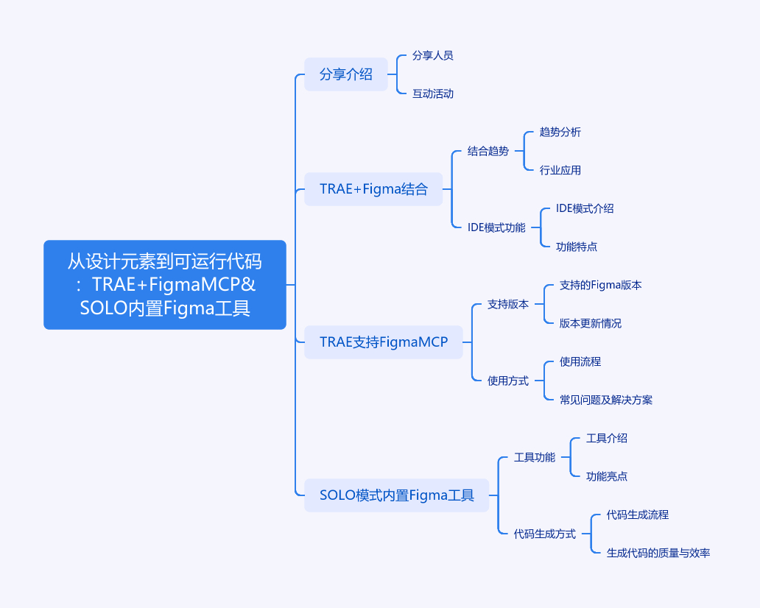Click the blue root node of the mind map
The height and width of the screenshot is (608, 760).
[164, 284]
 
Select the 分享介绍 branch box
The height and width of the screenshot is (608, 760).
[345, 74]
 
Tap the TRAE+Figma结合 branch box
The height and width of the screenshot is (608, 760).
[373, 189]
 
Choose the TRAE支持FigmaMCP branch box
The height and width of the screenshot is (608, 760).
[383, 342]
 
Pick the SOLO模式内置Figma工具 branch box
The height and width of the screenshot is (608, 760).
[396, 495]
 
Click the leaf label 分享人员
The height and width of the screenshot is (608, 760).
[432, 55]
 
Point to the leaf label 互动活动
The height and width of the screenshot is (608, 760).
[432, 93]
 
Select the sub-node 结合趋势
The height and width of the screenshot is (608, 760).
[488, 151]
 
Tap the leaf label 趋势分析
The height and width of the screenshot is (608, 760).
[560, 132]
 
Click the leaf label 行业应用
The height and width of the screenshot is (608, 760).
[560, 170]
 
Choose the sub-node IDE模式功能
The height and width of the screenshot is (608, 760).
[496, 227]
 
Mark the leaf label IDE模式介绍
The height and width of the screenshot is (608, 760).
[585, 208]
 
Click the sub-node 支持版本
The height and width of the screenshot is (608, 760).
[507, 304]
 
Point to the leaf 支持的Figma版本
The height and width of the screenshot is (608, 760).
[600, 285]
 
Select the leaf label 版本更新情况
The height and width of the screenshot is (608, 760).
[590, 323]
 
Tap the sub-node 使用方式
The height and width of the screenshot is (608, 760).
[507, 381]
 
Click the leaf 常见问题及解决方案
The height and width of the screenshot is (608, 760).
[605, 400]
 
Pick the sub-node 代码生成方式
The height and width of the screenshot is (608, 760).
[544, 534]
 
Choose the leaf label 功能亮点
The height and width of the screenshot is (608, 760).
[606, 476]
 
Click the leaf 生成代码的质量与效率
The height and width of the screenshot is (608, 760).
[658, 553]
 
